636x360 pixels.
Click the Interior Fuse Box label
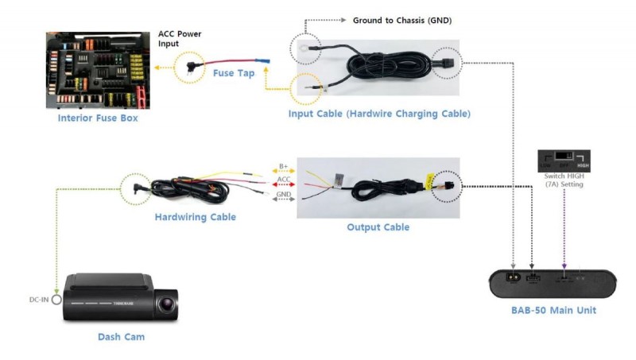click(x=97, y=118)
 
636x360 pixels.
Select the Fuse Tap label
click(x=234, y=73)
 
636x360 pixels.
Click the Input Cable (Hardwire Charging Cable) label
click(x=379, y=114)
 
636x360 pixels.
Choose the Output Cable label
click(x=378, y=227)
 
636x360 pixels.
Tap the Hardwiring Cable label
click(x=196, y=216)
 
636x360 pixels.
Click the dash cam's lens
click(x=166, y=304)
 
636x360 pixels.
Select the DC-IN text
click(x=37, y=301)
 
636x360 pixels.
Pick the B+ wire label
click(x=284, y=167)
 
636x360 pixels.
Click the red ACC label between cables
click(x=284, y=180)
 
